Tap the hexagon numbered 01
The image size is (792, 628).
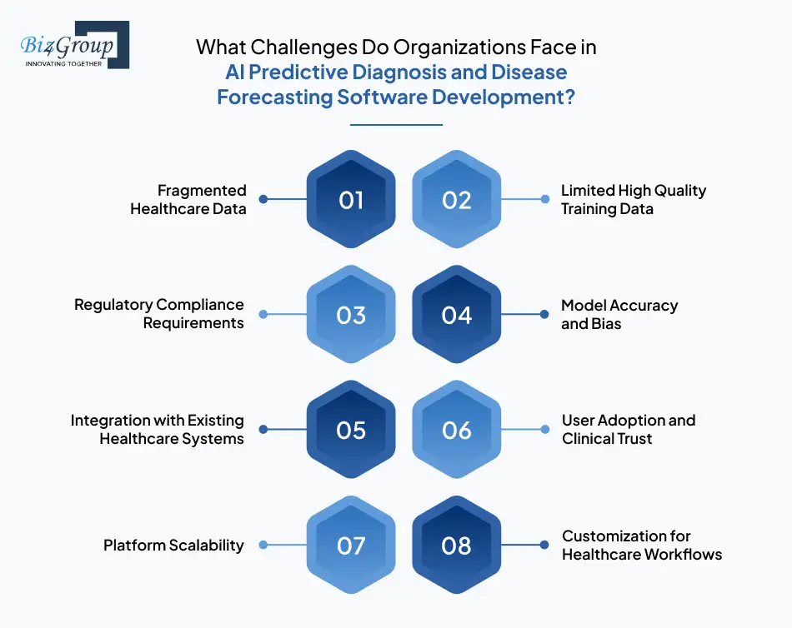pyautogui.click(x=351, y=200)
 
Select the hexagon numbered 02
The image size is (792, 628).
pyautogui.click(x=457, y=200)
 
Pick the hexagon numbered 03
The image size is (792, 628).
pyautogui.click(x=351, y=315)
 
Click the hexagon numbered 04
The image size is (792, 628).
pyautogui.click(x=457, y=315)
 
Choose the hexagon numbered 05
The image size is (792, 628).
pyautogui.click(x=351, y=430)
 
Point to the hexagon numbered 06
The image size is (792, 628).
pyautogui.click(x=457, y=430)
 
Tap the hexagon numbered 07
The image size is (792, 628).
pyautogui.click(x=351, y=546)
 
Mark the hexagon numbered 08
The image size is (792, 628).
pyautogui.click(x=457, y=546)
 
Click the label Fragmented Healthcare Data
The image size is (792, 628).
pyautogui.click(x=188, y=200)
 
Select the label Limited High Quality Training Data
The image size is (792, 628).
pyautogui.click(x=633, y=199)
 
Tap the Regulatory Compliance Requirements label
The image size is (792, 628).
pyautogui.click(x=159, y=314)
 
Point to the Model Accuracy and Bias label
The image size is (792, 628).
pyautogui.click(x=619, y=314)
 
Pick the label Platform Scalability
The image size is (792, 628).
pyautogui.click(x=173, y=546)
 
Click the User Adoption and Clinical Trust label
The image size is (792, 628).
pyautogui.click(x=628, y=429)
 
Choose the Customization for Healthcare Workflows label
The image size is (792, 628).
pyautogui.click(x=641, y=545)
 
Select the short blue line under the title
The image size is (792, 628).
pyautogui.click(x=396, y=125)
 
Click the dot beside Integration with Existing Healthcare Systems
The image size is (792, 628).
pyautogui.click(x=263, y=430)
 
